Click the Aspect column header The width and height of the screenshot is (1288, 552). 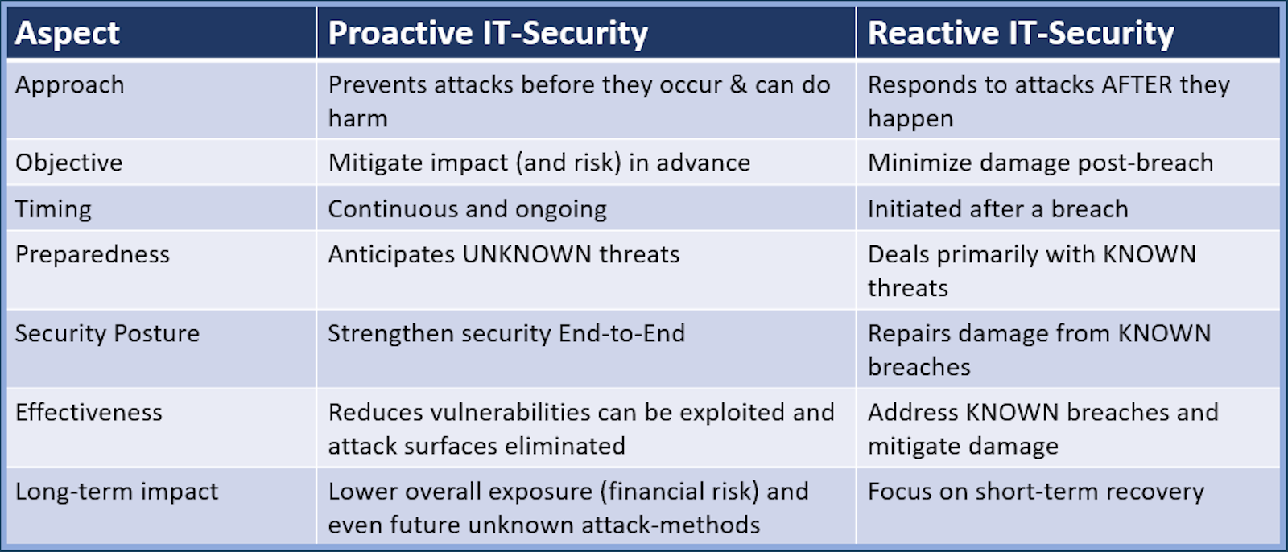pyautogui.click(x=68, y=34)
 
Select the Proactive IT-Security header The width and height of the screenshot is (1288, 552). pyautogui.click(x=488, y=34)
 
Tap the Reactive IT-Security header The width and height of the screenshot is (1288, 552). pyautogui.click(x=1021, y=34)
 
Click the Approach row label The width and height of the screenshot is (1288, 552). pyautogui.click(x=69, y=85)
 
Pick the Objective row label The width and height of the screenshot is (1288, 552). pyautogui.click(x=69, y=163)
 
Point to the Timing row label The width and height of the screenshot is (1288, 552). pyautogui.click(x=53, y=209)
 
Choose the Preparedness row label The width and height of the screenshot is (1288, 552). pyautogui.click(x=93, y=255)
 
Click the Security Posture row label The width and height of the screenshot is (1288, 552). pyautogui.click(x=108, y=333)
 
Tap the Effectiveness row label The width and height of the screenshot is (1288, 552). pyautogui.click(x=89, y=412)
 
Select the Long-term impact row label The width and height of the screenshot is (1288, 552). pyautogui.click(x=117, y=492)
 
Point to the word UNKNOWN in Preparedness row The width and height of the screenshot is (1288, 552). pyautogui.click(x=526, y=255)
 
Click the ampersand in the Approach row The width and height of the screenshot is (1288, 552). pyautogui.click(x=738, y=85)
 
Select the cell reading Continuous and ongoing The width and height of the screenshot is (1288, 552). pyautogui.click(x=468, y=209)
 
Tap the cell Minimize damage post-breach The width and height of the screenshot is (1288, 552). pyautogui.click(x=1041, y=163)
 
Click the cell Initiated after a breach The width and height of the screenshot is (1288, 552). pyautogui.click(x=998, y=209)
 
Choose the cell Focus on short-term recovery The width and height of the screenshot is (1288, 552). pyautogui.click(x=1036, y=492)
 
